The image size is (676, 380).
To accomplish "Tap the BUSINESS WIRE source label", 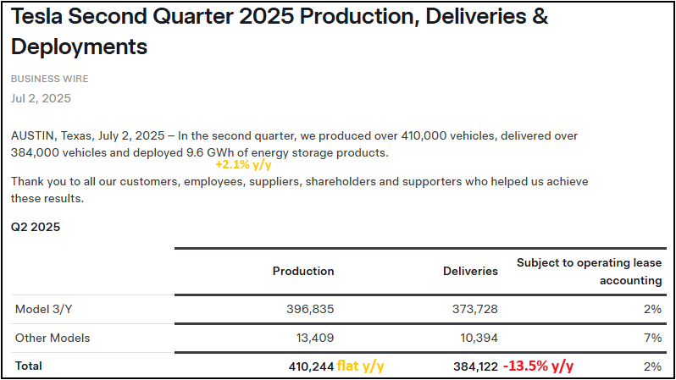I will pyautogui.click(x=49, y=79).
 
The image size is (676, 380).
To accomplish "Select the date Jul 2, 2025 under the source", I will pyautogui.click(x=41, y=98).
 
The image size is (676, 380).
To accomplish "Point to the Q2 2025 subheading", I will pyautogui.click(x=35, y=227).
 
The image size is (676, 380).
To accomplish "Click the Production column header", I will pyautogui.click(x=303, y=271).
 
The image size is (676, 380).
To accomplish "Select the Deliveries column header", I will pyautogui.click(x=470, y=271).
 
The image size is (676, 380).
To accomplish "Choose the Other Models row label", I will pyautogui.click(x=53, y=338).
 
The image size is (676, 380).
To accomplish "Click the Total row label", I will pyautogui.click(x=28, y=366).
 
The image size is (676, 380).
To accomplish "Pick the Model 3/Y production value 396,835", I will pyautogui.click(x=308, y=309).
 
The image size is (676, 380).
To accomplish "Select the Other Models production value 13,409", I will pyautogui.click(x=313, y=338).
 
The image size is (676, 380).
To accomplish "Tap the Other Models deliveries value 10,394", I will pyautogui.click(x=476, y=338).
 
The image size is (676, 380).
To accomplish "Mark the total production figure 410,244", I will pyautogui.click(x=310, y=366).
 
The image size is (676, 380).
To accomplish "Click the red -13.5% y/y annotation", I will pyautogui.click(x=539, y=366).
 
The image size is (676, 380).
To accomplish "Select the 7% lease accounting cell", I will pyautogui.click(x=652, y=338).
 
